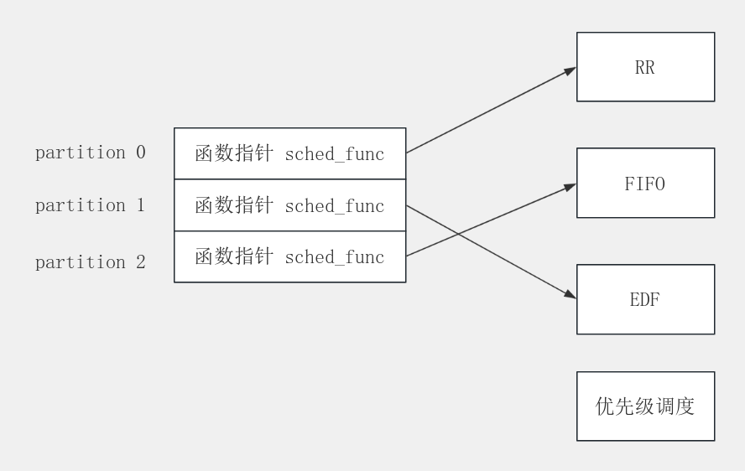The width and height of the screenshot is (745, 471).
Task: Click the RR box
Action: coord(645,67)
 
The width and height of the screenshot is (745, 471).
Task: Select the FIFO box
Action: coord(645,184)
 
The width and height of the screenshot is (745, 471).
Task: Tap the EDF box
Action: coord(645,299)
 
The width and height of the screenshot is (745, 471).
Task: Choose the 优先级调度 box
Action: coord(645,406)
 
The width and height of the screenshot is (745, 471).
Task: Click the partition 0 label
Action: coord(90,153)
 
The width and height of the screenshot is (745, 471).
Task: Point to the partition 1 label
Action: coord(90,205)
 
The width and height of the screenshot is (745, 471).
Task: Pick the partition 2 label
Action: coord(90,262)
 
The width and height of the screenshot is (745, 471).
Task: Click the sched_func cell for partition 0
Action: coord(289,153)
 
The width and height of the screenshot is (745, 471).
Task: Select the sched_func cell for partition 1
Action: coord(289,205)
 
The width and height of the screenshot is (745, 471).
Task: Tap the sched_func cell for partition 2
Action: coord(289,256)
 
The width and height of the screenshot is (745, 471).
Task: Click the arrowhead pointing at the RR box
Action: coord(570,70)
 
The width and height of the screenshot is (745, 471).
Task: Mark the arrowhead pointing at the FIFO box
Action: coord(570,187)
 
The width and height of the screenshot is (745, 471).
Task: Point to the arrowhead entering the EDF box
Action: coord(570,295)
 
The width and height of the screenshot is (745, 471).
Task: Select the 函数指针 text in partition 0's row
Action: coord(234,154)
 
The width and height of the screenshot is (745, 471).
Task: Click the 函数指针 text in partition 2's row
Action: coord(234,257)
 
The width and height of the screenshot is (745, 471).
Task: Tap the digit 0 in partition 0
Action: coord(140,153)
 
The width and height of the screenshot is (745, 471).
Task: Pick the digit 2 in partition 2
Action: coord(140,262)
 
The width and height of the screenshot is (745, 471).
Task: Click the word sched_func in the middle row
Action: coord(335,206)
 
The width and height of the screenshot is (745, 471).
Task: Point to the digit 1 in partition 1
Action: coord(140,205)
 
